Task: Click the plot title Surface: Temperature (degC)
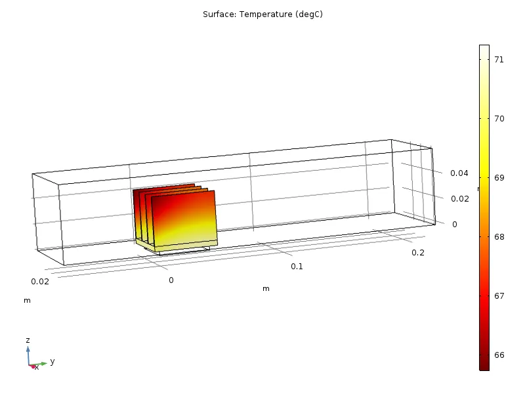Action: point(262,14)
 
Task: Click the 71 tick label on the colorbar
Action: point(499,59)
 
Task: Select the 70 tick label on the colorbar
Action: point(499,118)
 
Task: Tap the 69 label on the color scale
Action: point(499,177)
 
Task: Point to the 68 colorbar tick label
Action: point(499,236)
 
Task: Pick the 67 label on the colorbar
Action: point(499,295)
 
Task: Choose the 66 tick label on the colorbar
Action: point(499,355)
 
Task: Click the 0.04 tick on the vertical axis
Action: point(459,173)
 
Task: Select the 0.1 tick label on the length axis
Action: point(297,266)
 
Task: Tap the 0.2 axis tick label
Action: point(417,253)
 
